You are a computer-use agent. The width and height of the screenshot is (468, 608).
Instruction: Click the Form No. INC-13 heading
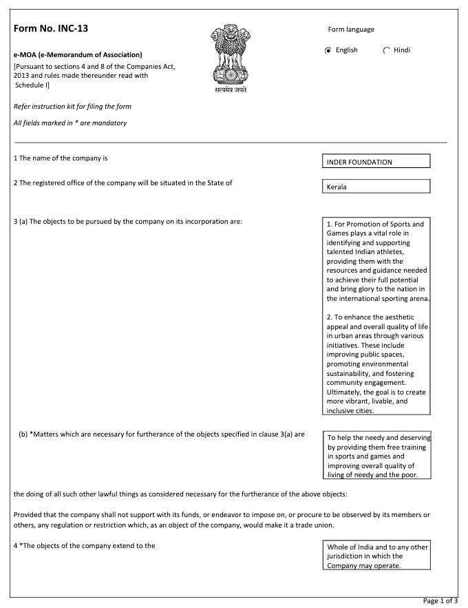pyautogui.click(x=51, y=28)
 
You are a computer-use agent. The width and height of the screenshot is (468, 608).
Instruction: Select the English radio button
pyautogui.click(x=328, y=50)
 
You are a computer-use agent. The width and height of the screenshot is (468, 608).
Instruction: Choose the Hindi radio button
pyautogui.click(x=386, y=50)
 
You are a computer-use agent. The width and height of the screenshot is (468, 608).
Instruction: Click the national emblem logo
pyautogui.click(x=230, y=54)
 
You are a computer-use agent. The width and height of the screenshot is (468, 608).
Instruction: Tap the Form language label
pyautogui.click(x=351, y=30)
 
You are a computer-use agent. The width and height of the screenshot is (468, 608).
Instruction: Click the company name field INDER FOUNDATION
pyautogui.click(x=376, y=162)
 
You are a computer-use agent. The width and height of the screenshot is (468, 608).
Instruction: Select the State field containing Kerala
pyautogui.click(x=376, y=187)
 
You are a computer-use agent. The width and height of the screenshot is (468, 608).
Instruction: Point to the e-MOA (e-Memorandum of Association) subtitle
pyautogui.click(x=78, y=54)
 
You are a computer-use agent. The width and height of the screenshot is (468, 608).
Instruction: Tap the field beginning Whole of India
pyautogui.click(x=376, y=556)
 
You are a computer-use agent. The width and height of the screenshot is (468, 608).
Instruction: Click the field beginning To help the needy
pyautogui.click(x=376, y=456)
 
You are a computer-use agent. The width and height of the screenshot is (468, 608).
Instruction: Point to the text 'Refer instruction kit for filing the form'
pyautogui.click(x=72, y=107)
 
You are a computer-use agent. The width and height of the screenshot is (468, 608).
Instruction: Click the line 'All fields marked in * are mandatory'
pyautogui.click(x=70, y=123)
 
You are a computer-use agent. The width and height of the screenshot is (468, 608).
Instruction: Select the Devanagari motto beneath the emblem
pyautogui.click(x=230, y=90)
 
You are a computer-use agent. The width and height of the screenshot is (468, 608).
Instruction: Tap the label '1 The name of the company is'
pyautogui.click(x=61, y=158)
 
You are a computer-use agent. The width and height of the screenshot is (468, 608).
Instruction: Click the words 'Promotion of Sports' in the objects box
pyautogui.click(x=392, y=224)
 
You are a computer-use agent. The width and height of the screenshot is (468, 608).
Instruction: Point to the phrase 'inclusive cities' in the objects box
pyautogui.click(x=351, y=410)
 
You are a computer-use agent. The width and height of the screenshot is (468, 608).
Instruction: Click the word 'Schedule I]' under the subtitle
pyautogui.click(x=32, y=85)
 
